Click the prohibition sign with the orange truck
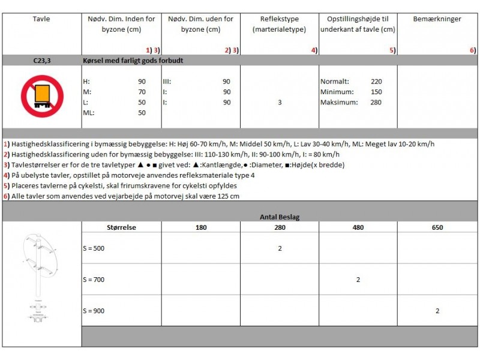tap(41, 96)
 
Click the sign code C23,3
tap(41, 61)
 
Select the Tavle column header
tap(41, 19)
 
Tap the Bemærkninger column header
tap(437, 19)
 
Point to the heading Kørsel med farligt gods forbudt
tap(134, 61)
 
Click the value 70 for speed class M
tap(142, 92)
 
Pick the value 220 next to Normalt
tap(376, 82)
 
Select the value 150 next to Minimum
tap(376, 92)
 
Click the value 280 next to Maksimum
tap(376, 102)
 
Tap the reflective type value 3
tap(280, 102)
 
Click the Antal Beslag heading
tap(280, 216)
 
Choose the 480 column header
tap(358, 227)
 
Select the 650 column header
tap(437, 227)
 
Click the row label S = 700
tap(94, 280)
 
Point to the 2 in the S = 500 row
tap(280, 248)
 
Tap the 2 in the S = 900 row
tap(437, 311)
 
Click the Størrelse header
tap(122, 227)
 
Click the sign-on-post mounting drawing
tap(40, 276)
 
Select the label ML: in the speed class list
tap(88, 112)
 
